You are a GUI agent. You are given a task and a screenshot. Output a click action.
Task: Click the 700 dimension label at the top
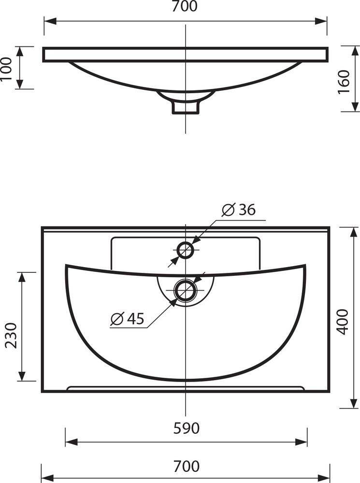(x=184, y=6)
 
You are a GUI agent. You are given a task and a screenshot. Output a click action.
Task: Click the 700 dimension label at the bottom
(x=186, y=466)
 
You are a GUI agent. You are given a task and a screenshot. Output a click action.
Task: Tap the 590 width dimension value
(x=186, y=428)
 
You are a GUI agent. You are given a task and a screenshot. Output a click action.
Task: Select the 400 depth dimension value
(x=343, y=322)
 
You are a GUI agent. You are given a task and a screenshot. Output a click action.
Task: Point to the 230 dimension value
(x=12, y=336)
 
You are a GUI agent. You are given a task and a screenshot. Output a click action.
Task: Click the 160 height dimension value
(x=344, y=82)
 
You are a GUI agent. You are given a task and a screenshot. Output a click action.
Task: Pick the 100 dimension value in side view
(x=6, y=69)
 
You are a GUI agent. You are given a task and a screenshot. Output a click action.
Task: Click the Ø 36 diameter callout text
(x=239, y=210)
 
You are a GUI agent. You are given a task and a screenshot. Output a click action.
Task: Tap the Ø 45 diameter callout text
(x=127, y=318)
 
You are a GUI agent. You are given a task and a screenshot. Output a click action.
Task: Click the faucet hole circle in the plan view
(x=185, y=242)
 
